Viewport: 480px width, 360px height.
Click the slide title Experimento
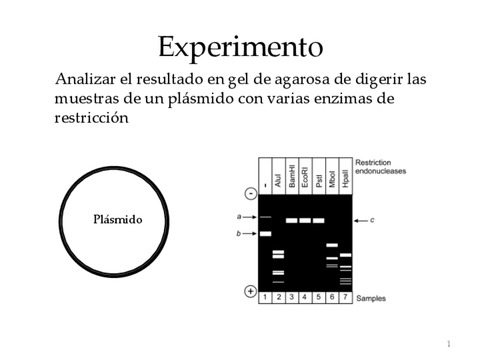coord(240,47)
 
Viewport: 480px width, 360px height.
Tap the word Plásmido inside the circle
coord(118,220)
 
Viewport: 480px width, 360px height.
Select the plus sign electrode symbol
coord(250,292)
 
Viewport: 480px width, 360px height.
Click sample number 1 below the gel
coord(265,298)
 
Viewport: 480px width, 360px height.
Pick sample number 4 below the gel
coord(306,298)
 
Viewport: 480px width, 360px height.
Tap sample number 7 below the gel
coord(346,298)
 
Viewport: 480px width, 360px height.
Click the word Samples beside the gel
coord(371,298)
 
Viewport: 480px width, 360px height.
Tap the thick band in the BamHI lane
coord(292,220)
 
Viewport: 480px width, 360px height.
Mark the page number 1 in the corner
coord(448,344)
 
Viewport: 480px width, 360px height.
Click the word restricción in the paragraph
coord(91,118)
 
